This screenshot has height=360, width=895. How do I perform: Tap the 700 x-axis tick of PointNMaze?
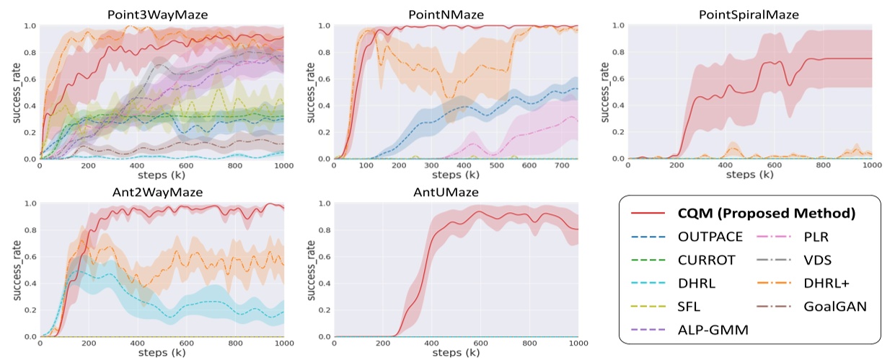click(529, 167)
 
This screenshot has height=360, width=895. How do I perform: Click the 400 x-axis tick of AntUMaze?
click(431, 345)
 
